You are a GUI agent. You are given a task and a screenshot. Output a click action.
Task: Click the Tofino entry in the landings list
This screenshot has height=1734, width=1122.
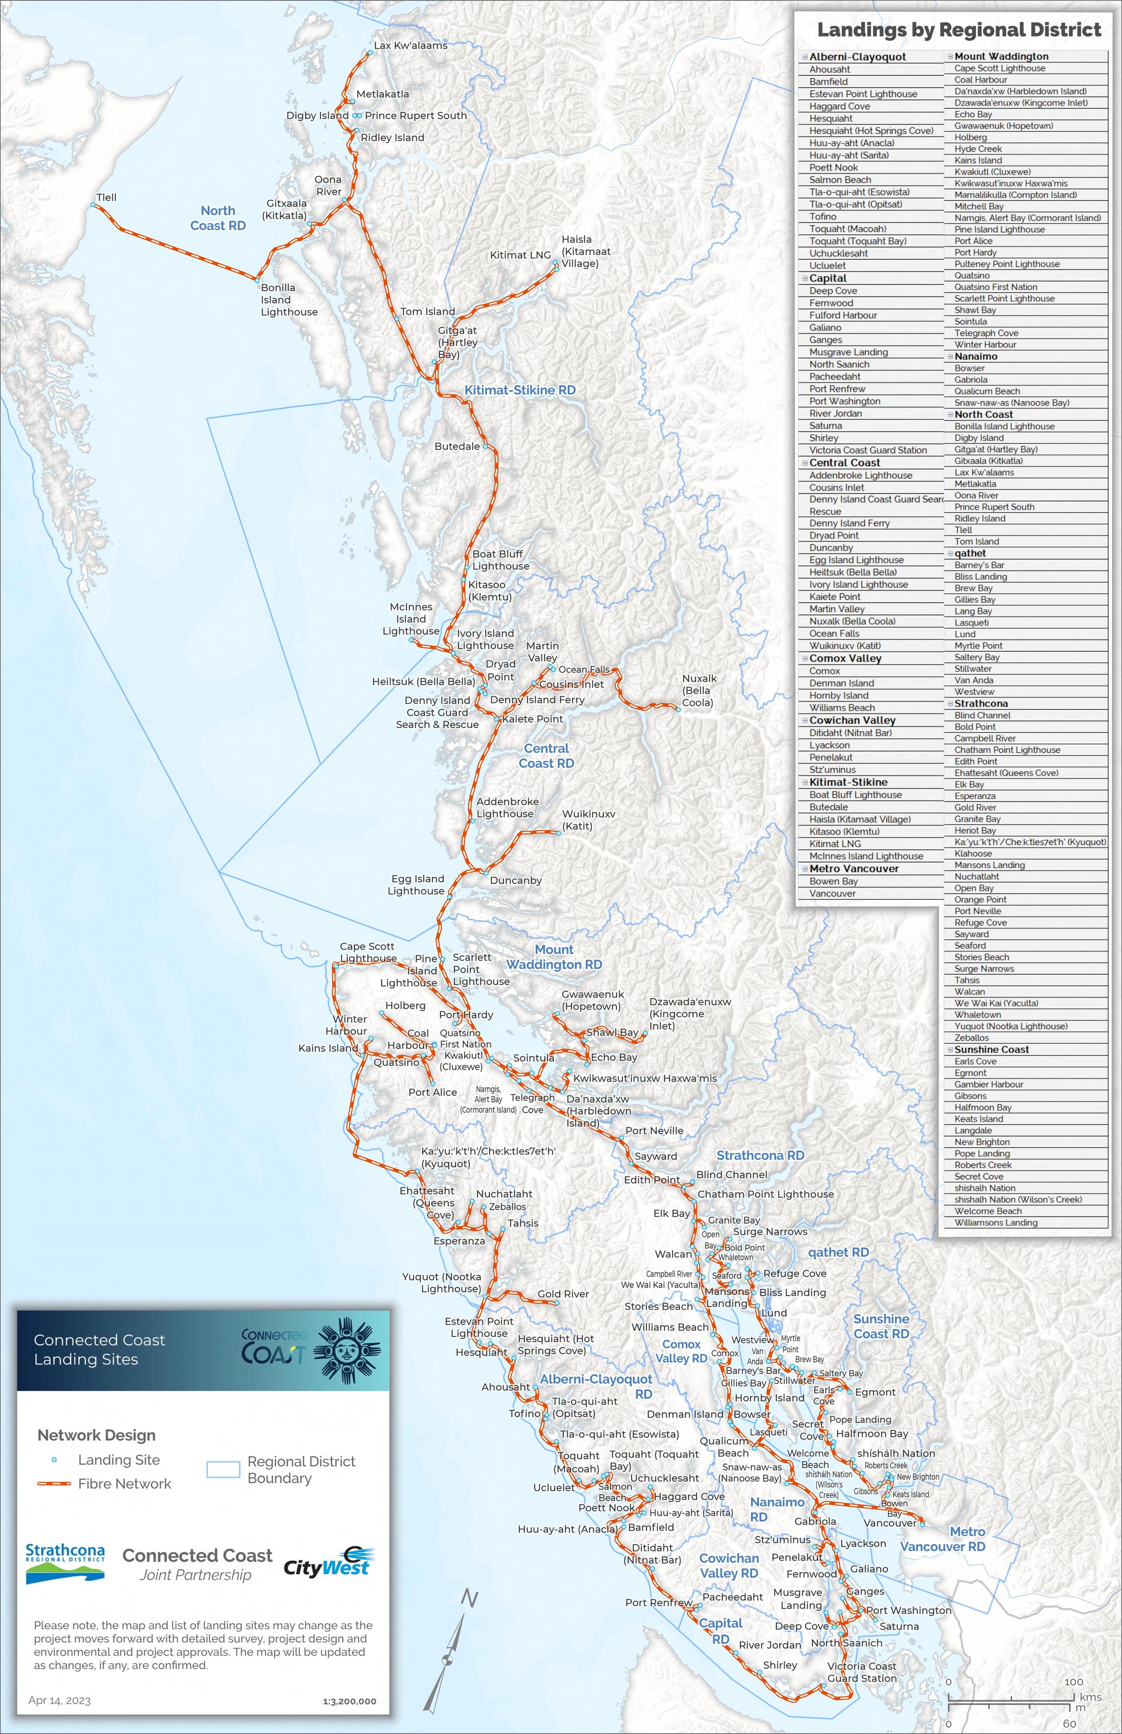tap(823, 216)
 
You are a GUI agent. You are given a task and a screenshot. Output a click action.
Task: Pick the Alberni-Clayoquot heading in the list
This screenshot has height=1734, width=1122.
tap(858, 57)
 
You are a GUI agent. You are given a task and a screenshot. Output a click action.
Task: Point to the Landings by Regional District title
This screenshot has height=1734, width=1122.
tap(959, 30)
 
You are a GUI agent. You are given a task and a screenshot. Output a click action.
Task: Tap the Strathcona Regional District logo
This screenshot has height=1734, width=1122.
tap(65, 1563)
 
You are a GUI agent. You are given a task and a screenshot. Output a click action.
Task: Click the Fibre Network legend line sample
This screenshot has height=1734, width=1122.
tap(54, 1484)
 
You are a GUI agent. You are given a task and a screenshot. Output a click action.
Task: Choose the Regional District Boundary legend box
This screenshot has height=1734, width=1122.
tap(223, 1469)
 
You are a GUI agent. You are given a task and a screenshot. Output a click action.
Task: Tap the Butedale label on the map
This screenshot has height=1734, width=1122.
tap(457, 446)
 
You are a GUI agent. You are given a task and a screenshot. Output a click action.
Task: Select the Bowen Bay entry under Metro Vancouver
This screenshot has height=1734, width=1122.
tap(833, 881)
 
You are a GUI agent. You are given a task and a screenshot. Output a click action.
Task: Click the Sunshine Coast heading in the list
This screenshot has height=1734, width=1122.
tap(991, 1049)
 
